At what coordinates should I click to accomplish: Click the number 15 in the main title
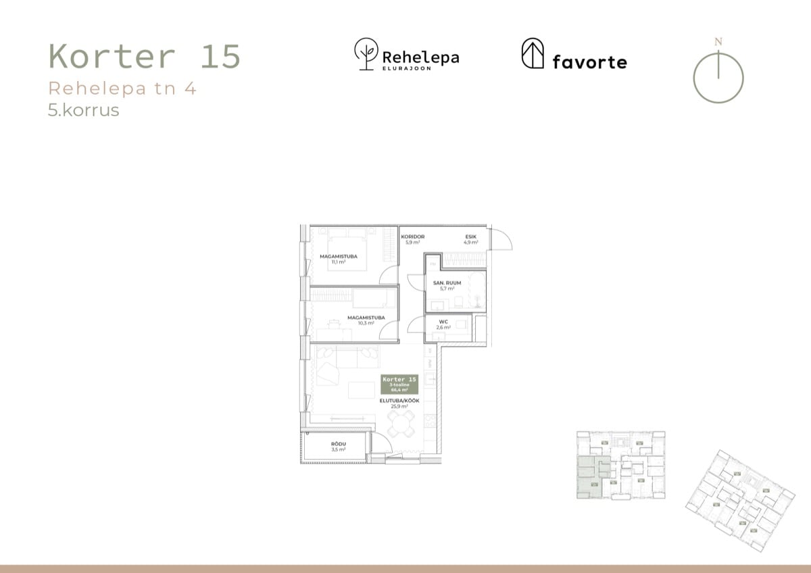pos(220,57)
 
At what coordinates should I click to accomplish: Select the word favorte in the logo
pos(589,62)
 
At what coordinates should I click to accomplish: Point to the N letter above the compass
pos(718,42)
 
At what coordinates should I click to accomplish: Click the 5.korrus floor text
pos(83,110)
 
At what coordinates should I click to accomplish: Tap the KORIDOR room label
pos(412,236)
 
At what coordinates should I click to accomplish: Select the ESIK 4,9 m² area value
pos(470,242)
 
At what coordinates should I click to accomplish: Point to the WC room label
pos(443,322)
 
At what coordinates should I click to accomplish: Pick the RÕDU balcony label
pos(339,444)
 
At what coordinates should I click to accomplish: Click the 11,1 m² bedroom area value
pos(339,262)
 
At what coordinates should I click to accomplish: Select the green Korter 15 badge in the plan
pos(400,383)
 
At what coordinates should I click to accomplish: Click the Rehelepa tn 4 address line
pos(122,89)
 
